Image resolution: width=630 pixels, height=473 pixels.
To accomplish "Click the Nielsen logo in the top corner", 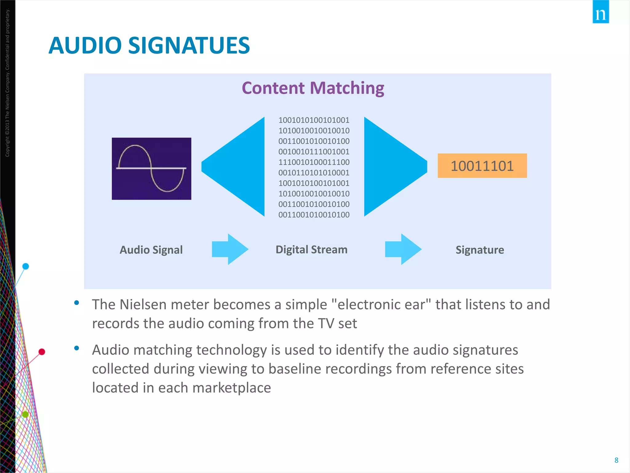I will click(600, 12).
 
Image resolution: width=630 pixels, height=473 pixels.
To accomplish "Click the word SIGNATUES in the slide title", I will click(189, 46).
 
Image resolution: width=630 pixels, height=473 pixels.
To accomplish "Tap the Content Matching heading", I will click(313, 88).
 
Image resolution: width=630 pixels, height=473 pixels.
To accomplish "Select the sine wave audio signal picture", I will click(151, 168).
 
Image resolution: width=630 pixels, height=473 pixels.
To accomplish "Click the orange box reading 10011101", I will click(482, 166).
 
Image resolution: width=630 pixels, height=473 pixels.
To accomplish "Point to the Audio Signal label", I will click(151, 250).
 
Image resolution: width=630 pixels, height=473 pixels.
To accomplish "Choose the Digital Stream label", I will click(311, 249).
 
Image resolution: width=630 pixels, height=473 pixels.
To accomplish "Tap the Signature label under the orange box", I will click(480, 250).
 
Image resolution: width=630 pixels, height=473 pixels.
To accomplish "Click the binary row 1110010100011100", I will click(314, 162).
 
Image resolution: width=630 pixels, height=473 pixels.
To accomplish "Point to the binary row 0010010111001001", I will click(314, 152).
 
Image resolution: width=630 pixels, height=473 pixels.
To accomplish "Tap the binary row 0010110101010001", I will click(314, 173).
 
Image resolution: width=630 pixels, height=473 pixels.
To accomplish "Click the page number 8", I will click(616, 460).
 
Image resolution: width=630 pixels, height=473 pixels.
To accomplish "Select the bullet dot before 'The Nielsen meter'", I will click(77, 303).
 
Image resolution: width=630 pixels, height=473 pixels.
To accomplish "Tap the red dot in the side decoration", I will click(42, 352).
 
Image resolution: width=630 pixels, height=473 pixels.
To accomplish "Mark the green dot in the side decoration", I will click(26, 414).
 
